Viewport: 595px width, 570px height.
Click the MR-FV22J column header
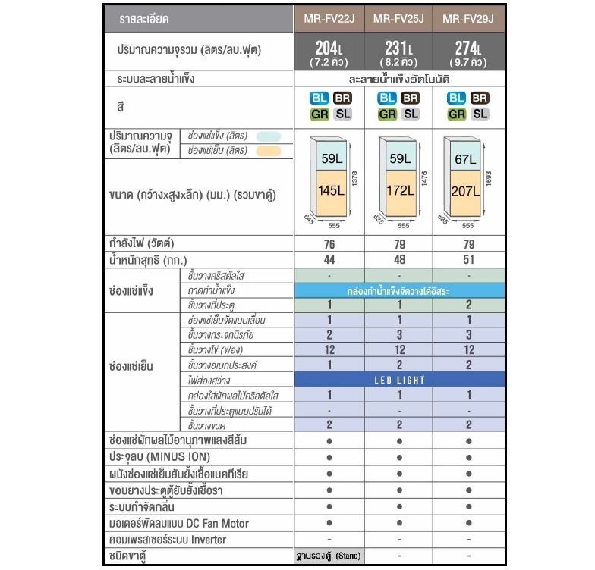pyautogui.click(x=329, y=18)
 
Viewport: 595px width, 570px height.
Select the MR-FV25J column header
pyautogui.click(x=399, y=18)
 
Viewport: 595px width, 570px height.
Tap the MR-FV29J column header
pyautogui.click(x=468, y=18)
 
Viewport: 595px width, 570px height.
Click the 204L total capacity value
pyautogui.click(x=329, y=51)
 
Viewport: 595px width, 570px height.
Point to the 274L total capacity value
pyautogui.click(x=468, y=51)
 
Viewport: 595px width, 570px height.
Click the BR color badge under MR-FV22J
pyautogui.click(x=341, y=98)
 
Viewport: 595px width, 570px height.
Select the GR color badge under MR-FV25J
pyautogui.click(x=387, y=114)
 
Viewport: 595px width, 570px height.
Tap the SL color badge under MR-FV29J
pyautogui.click(x=480, y=114)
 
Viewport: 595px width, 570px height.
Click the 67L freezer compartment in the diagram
pyautogui.click(x=464, y=159)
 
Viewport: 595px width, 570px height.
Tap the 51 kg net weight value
pyautogui.click(x=468, y=259)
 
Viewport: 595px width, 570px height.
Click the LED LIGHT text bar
pyautogui.click(x=399, y=379)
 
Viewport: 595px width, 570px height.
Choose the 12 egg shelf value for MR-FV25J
pyautogui.click(x=399, y=349)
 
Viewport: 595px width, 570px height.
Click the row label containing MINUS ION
pyautogui.click(x=159, y=457)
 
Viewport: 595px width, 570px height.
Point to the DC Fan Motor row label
pyautogui.click(x=179, y=523)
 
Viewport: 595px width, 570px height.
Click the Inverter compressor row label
pyautogui.click(x=168, y=540)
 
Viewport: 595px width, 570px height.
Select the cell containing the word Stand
pyautogui.click(x=329, y=556)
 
